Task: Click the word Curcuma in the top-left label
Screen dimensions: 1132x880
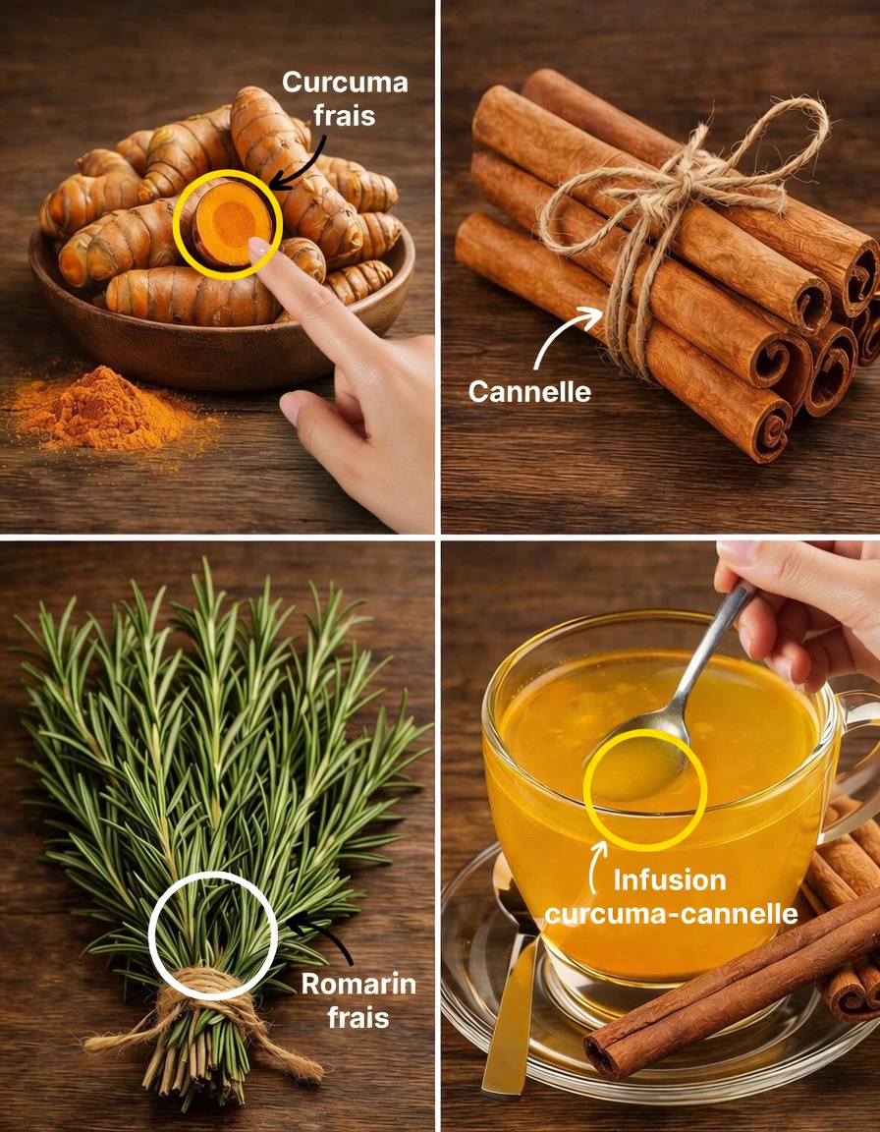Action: pyautogui.click(x=345, y=83)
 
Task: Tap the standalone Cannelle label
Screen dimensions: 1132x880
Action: pyautogui.click(x=529, y=391)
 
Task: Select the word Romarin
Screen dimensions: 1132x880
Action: pyautogui.click(x=358, y=984)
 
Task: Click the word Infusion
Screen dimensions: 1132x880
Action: pyautogui.click(x=671, y=879)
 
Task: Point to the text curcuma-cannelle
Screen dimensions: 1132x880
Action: pyautogui.click(x=671, y=914)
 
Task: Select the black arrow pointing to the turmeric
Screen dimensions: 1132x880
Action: pyautogui.click(x=292, y=163)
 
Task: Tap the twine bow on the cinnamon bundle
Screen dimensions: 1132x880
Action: pyautogui.click(x=678, y=187)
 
